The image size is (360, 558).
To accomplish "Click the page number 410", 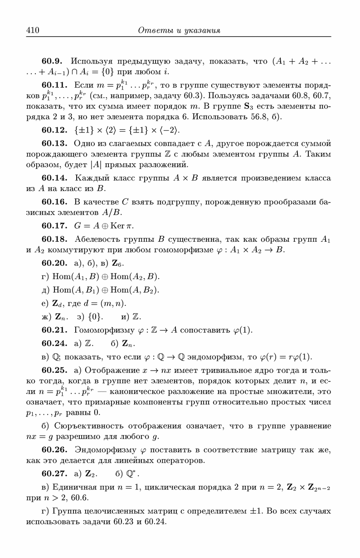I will pyautogui.click(x=33, y=30).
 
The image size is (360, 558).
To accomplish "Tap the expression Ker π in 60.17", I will pyautogui.click(x=123, y=225).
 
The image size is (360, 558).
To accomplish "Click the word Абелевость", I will pyautogui.click(x=96, y=238).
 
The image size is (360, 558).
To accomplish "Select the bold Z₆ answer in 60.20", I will pyautogui.click(x=117, y=263).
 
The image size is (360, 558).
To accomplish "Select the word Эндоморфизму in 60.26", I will pyautogui.click(x=102, y=450).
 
